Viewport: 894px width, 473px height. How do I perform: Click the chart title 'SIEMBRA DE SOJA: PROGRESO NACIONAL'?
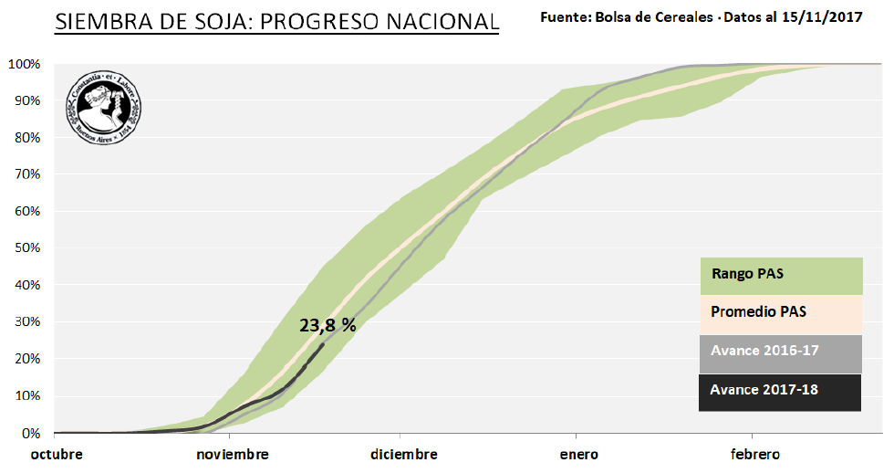276,22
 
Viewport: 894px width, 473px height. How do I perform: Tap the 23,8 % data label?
327,325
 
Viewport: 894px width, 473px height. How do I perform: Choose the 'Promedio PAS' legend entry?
759,312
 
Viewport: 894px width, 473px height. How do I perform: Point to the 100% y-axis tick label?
24,64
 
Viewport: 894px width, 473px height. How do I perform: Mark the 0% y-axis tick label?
30,433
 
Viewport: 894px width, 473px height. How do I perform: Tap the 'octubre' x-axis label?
57,454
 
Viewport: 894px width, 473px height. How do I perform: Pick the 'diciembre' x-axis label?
404,454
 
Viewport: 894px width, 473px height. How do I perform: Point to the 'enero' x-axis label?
579,454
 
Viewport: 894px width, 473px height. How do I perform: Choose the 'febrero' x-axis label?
754,454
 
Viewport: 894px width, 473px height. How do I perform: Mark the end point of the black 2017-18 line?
324,344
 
